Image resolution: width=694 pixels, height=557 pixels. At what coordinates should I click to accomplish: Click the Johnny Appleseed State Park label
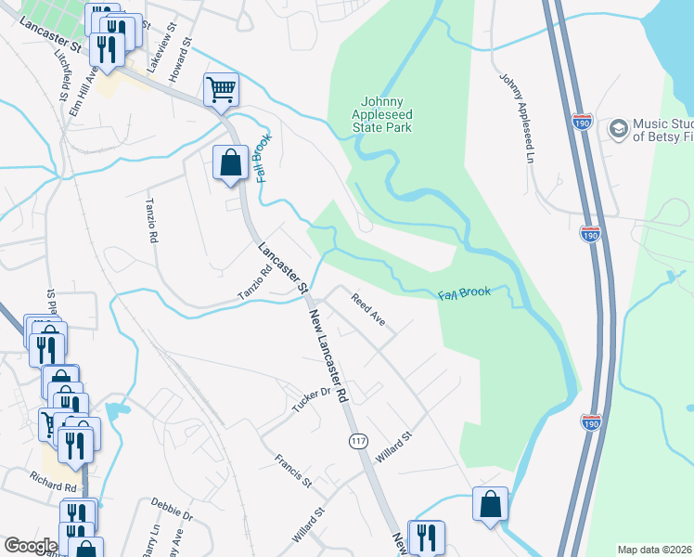tap(386, 114)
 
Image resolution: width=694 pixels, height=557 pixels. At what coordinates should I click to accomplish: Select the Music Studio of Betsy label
tap(662, 130)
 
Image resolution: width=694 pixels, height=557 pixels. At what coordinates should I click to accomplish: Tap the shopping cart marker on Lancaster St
tap(222, 90)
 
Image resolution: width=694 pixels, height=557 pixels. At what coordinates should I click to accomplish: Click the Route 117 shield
tap(358, 441)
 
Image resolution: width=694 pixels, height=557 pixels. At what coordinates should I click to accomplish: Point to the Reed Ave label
tap(367, 310)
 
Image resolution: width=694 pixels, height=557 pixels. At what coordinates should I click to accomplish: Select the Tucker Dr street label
tap(312, 399)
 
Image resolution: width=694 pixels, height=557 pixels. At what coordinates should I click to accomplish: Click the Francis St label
tap(293, 471)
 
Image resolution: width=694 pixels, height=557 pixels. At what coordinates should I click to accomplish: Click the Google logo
tap(30, 546)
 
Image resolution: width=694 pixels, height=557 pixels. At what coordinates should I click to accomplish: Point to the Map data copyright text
tap(655, 550)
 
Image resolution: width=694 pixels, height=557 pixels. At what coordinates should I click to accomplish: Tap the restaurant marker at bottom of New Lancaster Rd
tap(426, 537)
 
